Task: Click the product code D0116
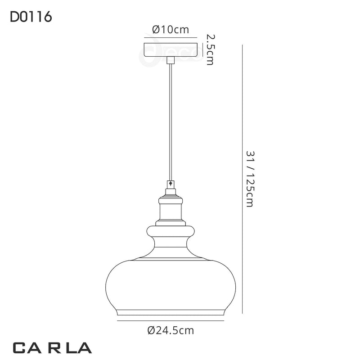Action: point(31,18)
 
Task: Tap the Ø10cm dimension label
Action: point(170,30)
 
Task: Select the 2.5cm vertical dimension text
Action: point(209,49)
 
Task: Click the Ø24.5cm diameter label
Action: point(171,331)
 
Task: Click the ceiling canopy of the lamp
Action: point(170,49)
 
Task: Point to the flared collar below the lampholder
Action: point(170,231)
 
